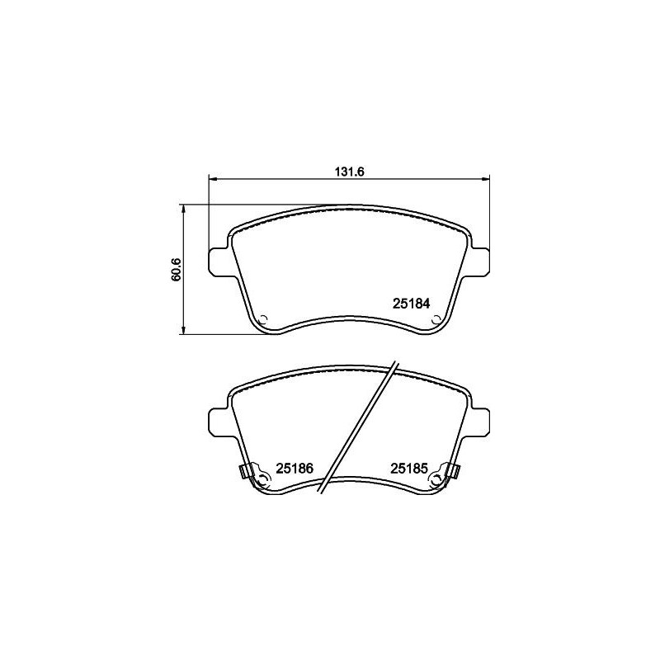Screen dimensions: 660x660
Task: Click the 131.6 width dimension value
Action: [x=349, y=172]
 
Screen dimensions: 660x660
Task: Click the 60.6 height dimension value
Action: [x=177, y=270]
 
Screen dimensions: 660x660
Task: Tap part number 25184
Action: [x=411, y=304]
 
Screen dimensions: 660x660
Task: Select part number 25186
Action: [x=295, y=468]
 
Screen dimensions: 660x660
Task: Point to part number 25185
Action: [x=409, y=468]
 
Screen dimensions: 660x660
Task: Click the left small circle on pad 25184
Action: [x=264, y=319]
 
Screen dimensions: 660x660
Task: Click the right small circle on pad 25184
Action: [x=436, y=319]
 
